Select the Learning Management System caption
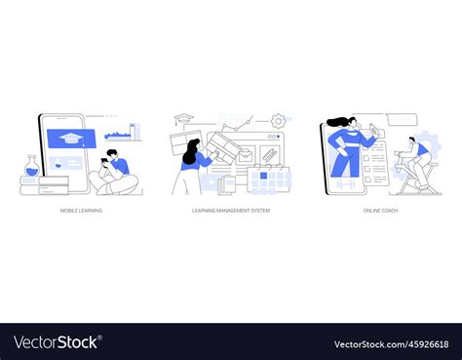click(230, 211)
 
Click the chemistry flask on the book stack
click(30, 167)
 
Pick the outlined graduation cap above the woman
click(181, 121)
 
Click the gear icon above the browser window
click(278, 121)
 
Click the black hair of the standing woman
click(190, 146)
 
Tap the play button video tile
click(212, 180)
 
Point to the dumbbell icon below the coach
click(346, 181)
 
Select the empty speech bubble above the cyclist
click(402, 119)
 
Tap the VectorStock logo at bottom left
click(58, 342)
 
